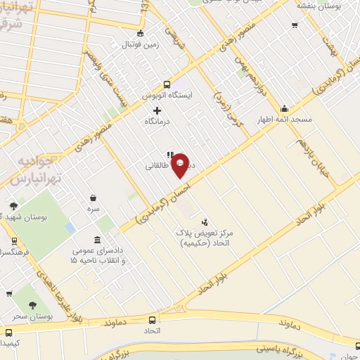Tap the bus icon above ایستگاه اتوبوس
coord(167,82)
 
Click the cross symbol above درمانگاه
coord(157,110)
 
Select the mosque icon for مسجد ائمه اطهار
coord(284,108)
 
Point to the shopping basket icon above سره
coord(94,198)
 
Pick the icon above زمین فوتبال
coord(141,32)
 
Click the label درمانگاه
coord(157,122)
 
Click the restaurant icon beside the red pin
coord(169,155)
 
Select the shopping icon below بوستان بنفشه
coord(295,25)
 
